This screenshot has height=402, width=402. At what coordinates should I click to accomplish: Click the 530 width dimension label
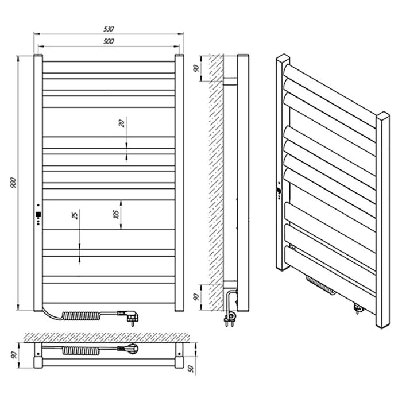pyautogui.click(x=109, y=29)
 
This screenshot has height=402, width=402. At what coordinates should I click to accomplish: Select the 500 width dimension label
pyautogui.click(x=109, y=41)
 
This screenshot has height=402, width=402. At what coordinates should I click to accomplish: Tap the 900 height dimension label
pyautogui.click(x=13, y=183)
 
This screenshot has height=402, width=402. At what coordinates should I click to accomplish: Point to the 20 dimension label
pyautogui.click(x=122, y=123)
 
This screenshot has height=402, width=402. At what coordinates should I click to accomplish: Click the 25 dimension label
pyautogui.click(x=74, y=215)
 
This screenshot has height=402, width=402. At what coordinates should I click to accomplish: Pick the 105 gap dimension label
pyautogui.click(x=116, y=214)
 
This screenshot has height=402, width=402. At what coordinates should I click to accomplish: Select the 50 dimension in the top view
pyautogui.click(x=191, y=369)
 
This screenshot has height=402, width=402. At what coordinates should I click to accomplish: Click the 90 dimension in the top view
pyautogui.click(x=14, y=355)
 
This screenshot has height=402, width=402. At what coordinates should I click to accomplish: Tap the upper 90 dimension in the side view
pyautogui.click(x=196, y=68)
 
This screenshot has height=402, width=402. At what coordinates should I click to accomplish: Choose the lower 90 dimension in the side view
pyautogui.click(x=196, y=297)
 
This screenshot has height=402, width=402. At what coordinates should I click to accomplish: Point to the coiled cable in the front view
pyautogui.click(x=81, y=316)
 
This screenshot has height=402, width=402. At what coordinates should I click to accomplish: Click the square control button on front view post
pyautogui.click(x=38, y=214)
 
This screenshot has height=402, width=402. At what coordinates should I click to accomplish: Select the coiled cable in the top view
pyautogui.click(x=81, y=350)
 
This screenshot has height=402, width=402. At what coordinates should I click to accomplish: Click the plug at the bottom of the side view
pyautogui.click(x=230, y=319)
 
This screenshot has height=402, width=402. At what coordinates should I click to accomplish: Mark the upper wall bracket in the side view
pyautogui.click(x=230, y=81)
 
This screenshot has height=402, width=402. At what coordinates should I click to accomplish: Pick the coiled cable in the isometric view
pyautogui.click(x=321, y=285)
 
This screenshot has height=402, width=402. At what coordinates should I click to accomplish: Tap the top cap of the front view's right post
pyautogui.click(x=179, y=55)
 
